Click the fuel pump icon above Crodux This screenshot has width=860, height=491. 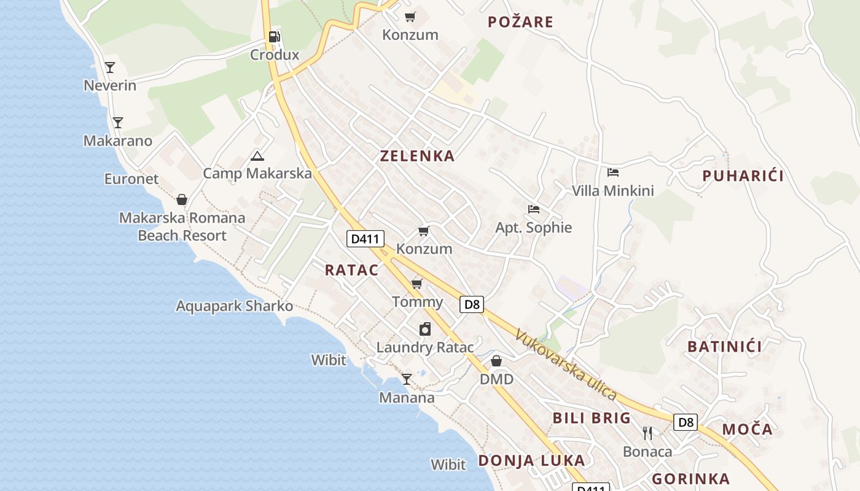274,37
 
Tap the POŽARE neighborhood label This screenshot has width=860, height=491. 520,23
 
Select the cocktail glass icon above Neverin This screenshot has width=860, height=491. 110,67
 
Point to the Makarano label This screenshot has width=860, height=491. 118,141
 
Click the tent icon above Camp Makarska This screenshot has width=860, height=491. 257,156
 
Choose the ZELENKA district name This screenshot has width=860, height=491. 417,156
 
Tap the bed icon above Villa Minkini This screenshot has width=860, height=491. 613,172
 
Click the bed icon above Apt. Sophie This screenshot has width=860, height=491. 533,209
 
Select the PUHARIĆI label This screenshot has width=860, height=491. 743,176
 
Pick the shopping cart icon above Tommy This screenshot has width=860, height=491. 417,284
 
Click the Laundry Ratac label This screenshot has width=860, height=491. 425,347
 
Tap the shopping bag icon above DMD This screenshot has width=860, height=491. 496,361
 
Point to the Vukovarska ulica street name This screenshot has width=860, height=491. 566,365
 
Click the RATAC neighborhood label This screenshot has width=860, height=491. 351,270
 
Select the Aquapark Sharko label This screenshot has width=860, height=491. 235,306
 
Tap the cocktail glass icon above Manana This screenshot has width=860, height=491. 406,379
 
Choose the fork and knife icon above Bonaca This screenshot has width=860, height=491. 647,433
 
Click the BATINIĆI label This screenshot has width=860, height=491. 724,347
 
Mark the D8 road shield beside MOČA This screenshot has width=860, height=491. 686,422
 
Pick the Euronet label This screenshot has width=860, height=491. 131,179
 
